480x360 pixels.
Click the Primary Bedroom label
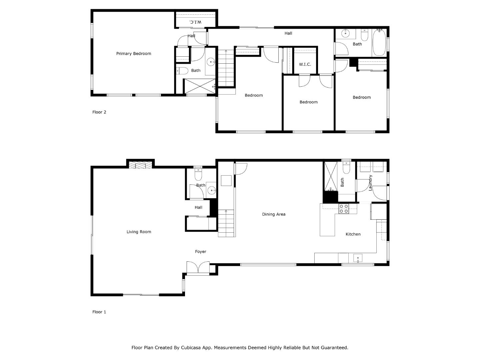point(133,54)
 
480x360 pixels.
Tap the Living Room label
point(139,232)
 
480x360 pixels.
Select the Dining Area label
point(274,214)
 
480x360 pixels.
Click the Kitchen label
point(353,234)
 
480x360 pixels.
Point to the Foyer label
point(200,252)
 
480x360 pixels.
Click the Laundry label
point(370,183)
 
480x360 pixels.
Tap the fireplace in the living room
point(140,165)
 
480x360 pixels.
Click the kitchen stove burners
point(344,209)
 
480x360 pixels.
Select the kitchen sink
point(358,258)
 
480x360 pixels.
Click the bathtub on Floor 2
point(379,43)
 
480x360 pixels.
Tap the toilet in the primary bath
point(182,70)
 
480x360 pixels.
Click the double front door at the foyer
point(198,268)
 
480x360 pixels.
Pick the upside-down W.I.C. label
point(195,22)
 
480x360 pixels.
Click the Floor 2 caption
point(99,112)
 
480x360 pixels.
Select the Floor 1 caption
point(99,312)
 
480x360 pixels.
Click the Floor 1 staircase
point(226,223)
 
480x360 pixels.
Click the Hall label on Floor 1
point(198,208)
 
